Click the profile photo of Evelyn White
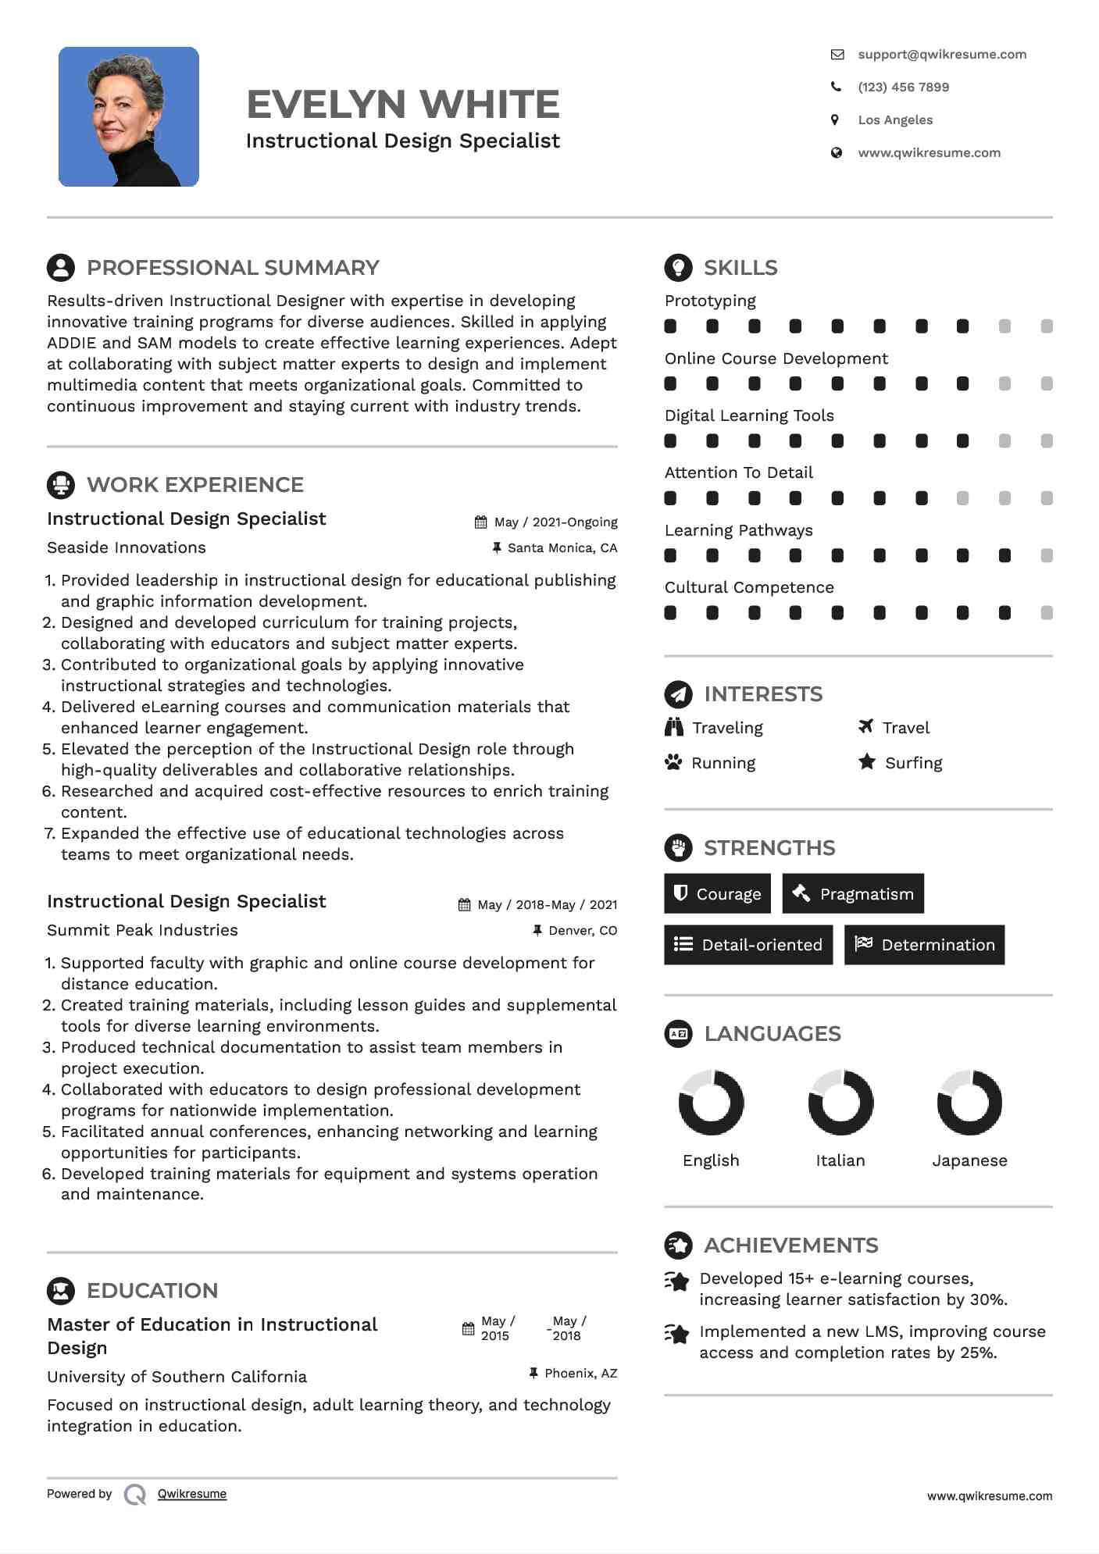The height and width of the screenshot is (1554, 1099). click(129, 117)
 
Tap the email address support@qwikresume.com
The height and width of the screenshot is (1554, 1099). click(941, 55)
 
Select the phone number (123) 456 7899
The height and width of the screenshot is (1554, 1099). click(903, 87)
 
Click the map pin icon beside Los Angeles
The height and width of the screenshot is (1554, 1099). click(835, 120)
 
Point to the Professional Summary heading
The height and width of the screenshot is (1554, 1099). click(232, 268)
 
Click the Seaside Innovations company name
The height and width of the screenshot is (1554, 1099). click(127, 548)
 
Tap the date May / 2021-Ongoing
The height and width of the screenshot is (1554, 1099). click(555, 522)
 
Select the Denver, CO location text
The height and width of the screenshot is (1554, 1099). click(583, 931)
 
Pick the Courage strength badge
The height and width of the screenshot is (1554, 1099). click(717, 894)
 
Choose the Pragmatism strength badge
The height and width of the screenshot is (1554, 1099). click(853, 894)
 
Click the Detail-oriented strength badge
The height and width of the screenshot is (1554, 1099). click(748, 945)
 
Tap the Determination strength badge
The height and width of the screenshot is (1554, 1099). click(924, 945)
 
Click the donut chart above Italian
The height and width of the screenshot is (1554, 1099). click(840, 1103)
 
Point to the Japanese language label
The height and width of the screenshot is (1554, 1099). click(969, 1161)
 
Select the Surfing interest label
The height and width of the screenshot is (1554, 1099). click(913, 764)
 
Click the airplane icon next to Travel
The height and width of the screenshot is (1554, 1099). click(865, 727)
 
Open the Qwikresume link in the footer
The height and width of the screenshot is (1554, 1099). click(192, 1494)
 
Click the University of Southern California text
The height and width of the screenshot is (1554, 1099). click(177, 1377)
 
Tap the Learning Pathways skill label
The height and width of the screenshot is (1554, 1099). click(738, 531)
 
